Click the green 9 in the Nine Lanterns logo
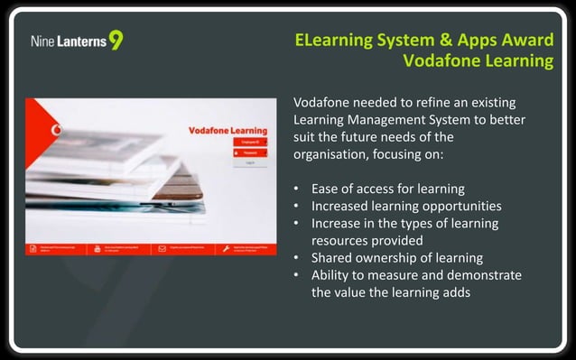[x=116, y=41]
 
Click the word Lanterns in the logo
[x=82, y=42]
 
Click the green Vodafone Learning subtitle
[x=478, y=61]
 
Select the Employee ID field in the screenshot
[x=249, y=142]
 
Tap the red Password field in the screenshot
[x=249, y=152]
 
